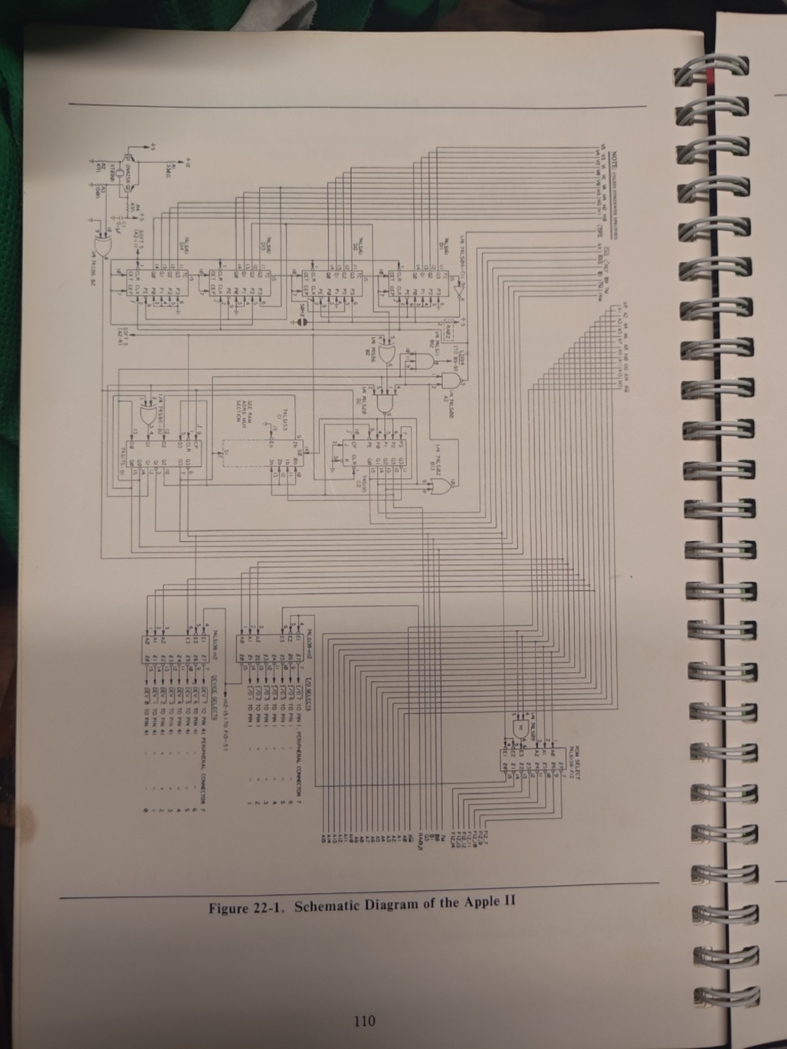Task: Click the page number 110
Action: (363, 1020)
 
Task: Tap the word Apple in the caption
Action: (481, 903)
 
